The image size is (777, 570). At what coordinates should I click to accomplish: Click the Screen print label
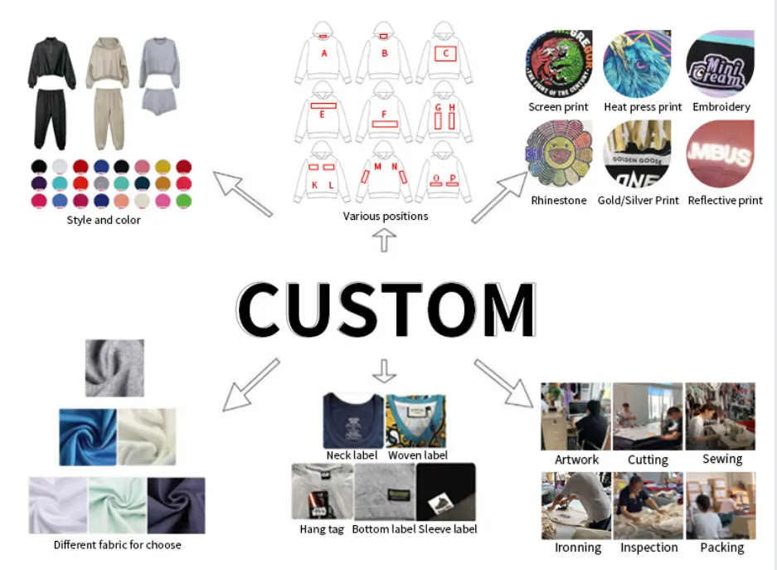[558, 107]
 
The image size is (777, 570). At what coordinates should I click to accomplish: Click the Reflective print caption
[725, 200]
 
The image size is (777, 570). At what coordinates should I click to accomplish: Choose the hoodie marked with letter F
[384, 111]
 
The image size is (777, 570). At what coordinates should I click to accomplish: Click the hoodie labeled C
[444, 51]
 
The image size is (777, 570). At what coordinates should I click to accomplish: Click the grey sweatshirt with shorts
[160, 76]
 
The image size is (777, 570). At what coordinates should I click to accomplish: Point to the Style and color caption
[104, 220]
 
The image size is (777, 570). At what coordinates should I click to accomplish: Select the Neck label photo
[352, 421]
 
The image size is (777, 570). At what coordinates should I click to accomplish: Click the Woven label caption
[417, 455]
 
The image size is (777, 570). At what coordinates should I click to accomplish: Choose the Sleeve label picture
[445, 493]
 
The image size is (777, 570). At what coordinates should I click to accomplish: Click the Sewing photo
[720, 416]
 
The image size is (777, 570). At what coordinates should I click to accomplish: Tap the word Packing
[721, 548]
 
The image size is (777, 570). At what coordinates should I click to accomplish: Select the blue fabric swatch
[87, 436]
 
